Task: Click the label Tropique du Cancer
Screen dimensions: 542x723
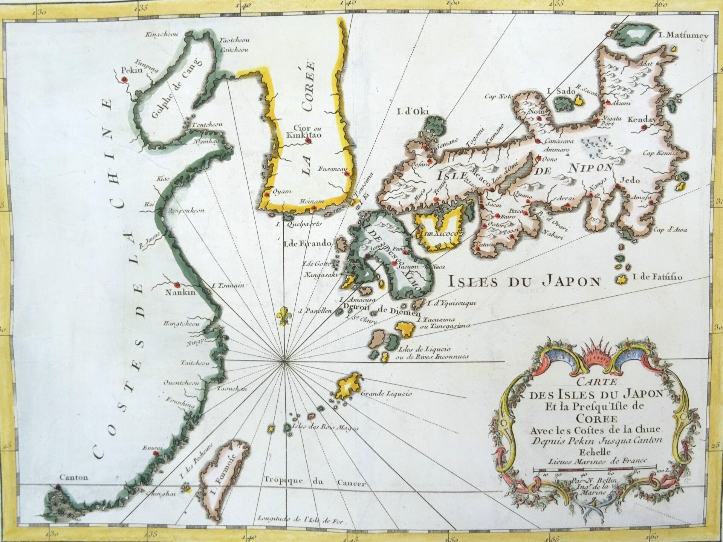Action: tap(314, 482)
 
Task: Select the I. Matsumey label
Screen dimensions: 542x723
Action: tap(684, 36)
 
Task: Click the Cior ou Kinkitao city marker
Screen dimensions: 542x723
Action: tap(309, 141)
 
